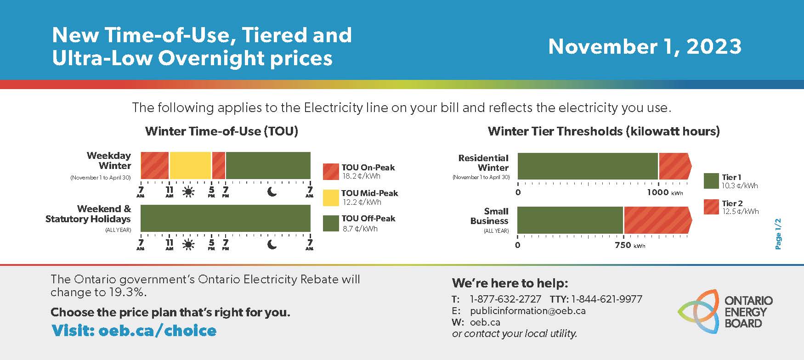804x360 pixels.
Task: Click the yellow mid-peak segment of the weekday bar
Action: [x=190, y=165]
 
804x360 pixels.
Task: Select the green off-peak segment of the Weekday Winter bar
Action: [x=268, y=165]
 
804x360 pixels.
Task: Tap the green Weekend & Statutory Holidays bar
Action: [x=226, y=218]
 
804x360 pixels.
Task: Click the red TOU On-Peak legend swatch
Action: [x=331, y=172]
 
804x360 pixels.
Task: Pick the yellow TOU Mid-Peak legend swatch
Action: [x=331, y=198]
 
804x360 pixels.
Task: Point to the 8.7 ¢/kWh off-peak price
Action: [x=360, y=229]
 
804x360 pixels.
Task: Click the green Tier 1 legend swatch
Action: [x=711, y=181]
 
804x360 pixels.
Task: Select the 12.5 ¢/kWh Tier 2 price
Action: [x=740, y=212]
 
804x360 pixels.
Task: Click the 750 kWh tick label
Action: [x=630, y=245]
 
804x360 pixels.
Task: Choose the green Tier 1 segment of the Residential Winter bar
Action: [x=588, y=166]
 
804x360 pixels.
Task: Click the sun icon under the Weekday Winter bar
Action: [x=188, y=192]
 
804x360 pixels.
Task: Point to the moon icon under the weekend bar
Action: [x=272, y=244]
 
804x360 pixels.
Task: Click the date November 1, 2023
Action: [x=645, y=46]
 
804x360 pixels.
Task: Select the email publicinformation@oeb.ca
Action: [x=528, y=310]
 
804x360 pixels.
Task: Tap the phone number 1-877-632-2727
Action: [x=505, y=299]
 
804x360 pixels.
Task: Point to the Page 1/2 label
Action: [x=778, y=234]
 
